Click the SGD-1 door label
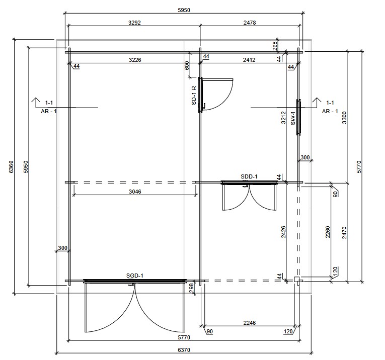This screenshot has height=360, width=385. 134,276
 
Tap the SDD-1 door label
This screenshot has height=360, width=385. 249,176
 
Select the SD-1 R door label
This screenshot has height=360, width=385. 194,96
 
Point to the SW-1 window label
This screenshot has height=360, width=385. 293,118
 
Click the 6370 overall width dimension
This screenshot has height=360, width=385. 184,350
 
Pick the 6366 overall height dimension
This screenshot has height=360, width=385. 11,167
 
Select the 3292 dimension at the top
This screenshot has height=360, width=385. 134,23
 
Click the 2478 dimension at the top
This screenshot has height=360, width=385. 250,23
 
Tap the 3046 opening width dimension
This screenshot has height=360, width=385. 135,192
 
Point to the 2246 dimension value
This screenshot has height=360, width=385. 250,323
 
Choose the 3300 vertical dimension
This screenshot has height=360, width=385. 344,118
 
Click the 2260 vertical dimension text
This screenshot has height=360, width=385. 328,232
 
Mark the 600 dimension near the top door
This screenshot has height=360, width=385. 187,65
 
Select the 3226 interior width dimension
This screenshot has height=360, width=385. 135,60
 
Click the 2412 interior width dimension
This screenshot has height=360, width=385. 249,60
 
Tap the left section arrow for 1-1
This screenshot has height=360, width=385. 36,103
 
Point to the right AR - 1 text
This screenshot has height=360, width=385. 330,111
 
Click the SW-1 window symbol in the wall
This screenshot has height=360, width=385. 298,117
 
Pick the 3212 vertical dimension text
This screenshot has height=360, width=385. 283,118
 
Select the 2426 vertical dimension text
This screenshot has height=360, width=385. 283,232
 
